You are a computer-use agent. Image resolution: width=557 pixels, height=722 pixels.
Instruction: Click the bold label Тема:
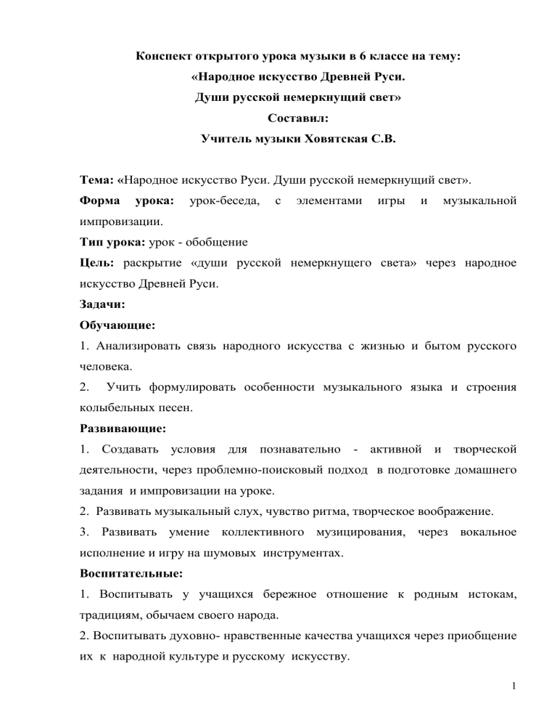[x=96, y=179]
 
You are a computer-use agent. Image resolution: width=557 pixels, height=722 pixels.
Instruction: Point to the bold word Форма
[x=98, y=199]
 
